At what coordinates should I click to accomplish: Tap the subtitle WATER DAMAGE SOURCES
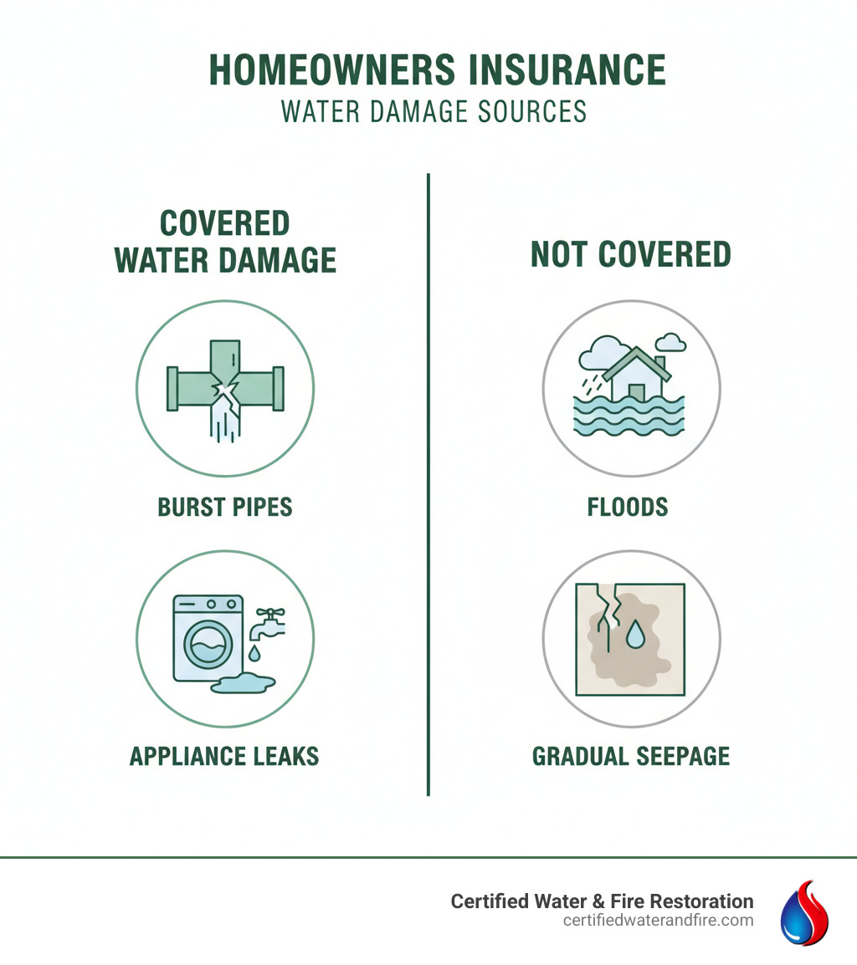434,111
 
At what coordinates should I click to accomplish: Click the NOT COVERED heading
631,255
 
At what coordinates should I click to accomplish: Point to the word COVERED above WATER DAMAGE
224,224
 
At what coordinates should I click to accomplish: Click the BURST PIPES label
225,508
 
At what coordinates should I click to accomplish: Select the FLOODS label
628,508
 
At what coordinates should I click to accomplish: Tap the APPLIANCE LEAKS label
224,757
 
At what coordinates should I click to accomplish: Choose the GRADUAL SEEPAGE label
631,757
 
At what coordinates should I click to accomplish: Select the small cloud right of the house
670,342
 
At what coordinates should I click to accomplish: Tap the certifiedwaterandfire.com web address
658,921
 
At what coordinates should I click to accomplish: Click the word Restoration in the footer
700,901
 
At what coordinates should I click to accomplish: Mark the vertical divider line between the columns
428,485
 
